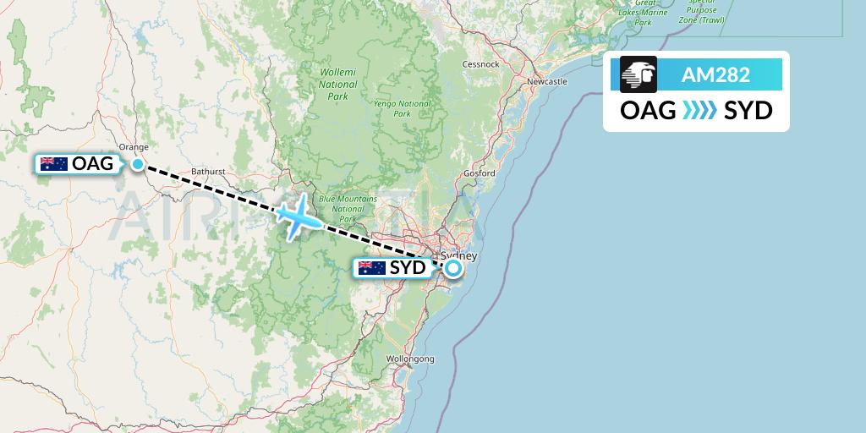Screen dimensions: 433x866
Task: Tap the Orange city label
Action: pos(134,145)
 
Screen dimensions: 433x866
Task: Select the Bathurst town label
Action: pos(208,171)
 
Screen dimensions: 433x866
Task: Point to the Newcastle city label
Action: pos(546,82)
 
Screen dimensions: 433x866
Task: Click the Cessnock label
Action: pos(480,64)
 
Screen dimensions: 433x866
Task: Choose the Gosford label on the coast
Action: pos(479,173)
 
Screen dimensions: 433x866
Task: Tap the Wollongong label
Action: pos(410,359)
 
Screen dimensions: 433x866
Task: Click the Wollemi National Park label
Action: pos(337,85)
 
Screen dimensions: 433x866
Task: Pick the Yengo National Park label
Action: pos(402,109)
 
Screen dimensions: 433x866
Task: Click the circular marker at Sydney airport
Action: pos(453,269)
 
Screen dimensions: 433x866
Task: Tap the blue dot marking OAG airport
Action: pos(137,164)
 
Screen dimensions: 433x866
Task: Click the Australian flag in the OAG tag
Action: pos(54,164)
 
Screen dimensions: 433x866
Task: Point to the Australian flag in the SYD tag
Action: pos(372,268)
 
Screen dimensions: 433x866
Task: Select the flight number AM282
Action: pos(715,74)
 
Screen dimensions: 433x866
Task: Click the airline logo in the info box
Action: pos(639,74)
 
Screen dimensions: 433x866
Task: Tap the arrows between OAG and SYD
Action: pos(699,111)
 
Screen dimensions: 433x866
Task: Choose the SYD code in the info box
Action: pos(748,111)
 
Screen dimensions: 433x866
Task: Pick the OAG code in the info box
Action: pos(648,111)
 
